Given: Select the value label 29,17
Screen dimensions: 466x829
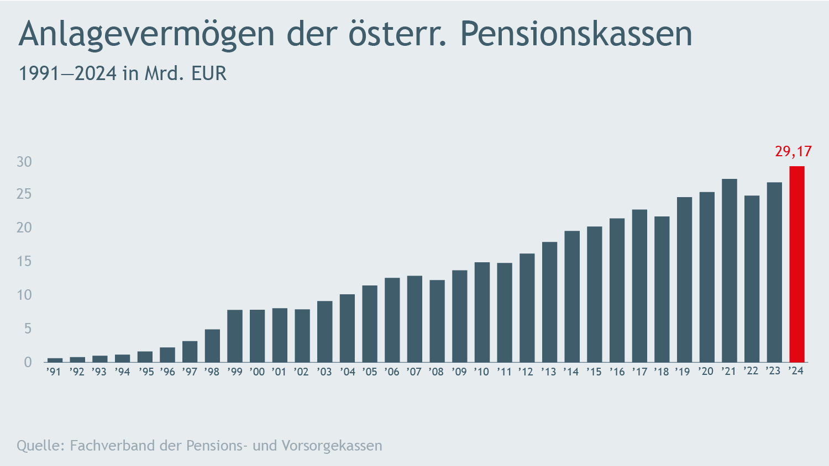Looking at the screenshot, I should [x=793, y=151].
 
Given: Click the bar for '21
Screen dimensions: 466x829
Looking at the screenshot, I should [x=729, y=271].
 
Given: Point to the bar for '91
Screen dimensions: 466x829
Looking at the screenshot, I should [x=55, y=360].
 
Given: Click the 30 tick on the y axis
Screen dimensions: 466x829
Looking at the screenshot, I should [x=24, y=162].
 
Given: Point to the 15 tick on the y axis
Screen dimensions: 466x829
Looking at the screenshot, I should [x=24, y=262].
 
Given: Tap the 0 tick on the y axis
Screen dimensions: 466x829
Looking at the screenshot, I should [x=28, y=362].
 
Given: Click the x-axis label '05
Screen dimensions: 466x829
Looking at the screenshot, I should [x=369, y=372].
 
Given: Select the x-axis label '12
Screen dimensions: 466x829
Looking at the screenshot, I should [x=526, y=372].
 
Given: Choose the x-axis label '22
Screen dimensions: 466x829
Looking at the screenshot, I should [x=751, y=370].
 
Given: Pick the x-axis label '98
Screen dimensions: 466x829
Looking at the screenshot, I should [x=212, y=372].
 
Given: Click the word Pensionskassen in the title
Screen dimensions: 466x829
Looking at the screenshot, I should [x=576, y=34].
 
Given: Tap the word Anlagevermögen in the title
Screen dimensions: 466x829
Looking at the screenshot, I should [x=146, y=34].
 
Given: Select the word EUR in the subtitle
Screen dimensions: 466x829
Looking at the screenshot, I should [x=209, y=73].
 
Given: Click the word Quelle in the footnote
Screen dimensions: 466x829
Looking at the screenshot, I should [x=40, y=446].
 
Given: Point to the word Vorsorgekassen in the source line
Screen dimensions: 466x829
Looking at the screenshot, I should [x=332, y=446].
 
